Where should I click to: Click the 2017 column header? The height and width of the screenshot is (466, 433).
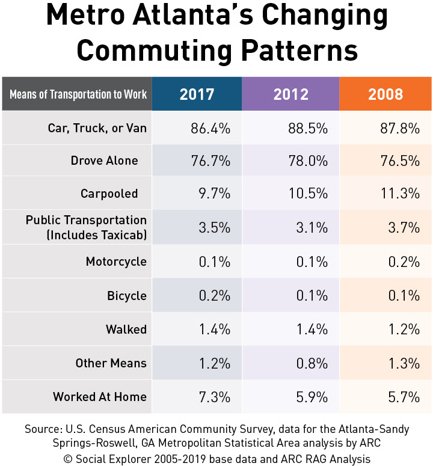[197, 94]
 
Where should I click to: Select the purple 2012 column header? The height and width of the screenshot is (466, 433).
[290, 94]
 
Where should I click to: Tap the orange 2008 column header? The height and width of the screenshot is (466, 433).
[385, 94]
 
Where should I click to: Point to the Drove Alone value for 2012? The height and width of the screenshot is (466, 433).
[307, 161]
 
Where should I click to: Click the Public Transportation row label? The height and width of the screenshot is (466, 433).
[86, 227]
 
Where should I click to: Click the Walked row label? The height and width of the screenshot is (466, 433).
[126, 329]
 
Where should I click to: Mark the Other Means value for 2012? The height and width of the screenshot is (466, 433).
[310, 363]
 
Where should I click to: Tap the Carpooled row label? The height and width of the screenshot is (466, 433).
[109, 194]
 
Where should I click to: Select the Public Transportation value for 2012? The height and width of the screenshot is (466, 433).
[310, 227]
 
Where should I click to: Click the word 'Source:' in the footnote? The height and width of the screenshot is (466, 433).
[44, 429]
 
